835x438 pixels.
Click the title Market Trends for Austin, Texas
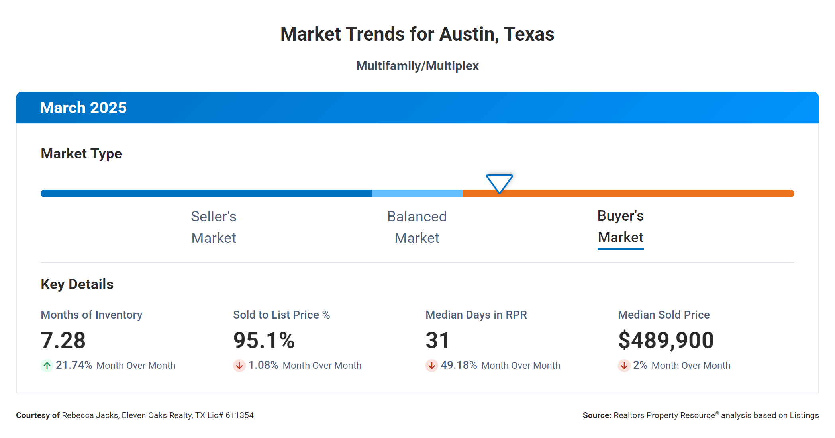(x=417, y=34)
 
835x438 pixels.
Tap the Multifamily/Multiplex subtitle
(x=417, y=66)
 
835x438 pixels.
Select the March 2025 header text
(x=83, y=108)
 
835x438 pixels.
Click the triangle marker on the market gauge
(x=499, y=183)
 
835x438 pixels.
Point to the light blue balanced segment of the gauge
(x=417, y=194)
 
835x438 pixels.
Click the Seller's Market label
(x=214, y=227)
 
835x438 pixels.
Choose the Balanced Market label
(x=417, y=227)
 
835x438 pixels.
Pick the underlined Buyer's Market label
(x=620, y=227)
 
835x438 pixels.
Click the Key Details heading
(x=77, y=284)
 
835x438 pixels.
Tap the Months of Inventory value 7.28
(x=63, y=340)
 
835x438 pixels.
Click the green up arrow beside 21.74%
(x=47, y=365)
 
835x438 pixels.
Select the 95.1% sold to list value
(x=264, y=340)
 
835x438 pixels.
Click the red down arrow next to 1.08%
(x=239, y=365)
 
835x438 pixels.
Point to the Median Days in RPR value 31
(x=437, y=340)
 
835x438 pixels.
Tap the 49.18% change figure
(x=459, y=365)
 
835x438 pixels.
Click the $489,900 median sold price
(x=666, y=340)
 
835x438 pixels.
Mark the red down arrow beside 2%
(x=624, y=365)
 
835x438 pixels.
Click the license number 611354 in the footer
(x=239, y=415)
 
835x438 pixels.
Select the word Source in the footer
(x=596, y=415)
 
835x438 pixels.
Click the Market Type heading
(x=81, y=154)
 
